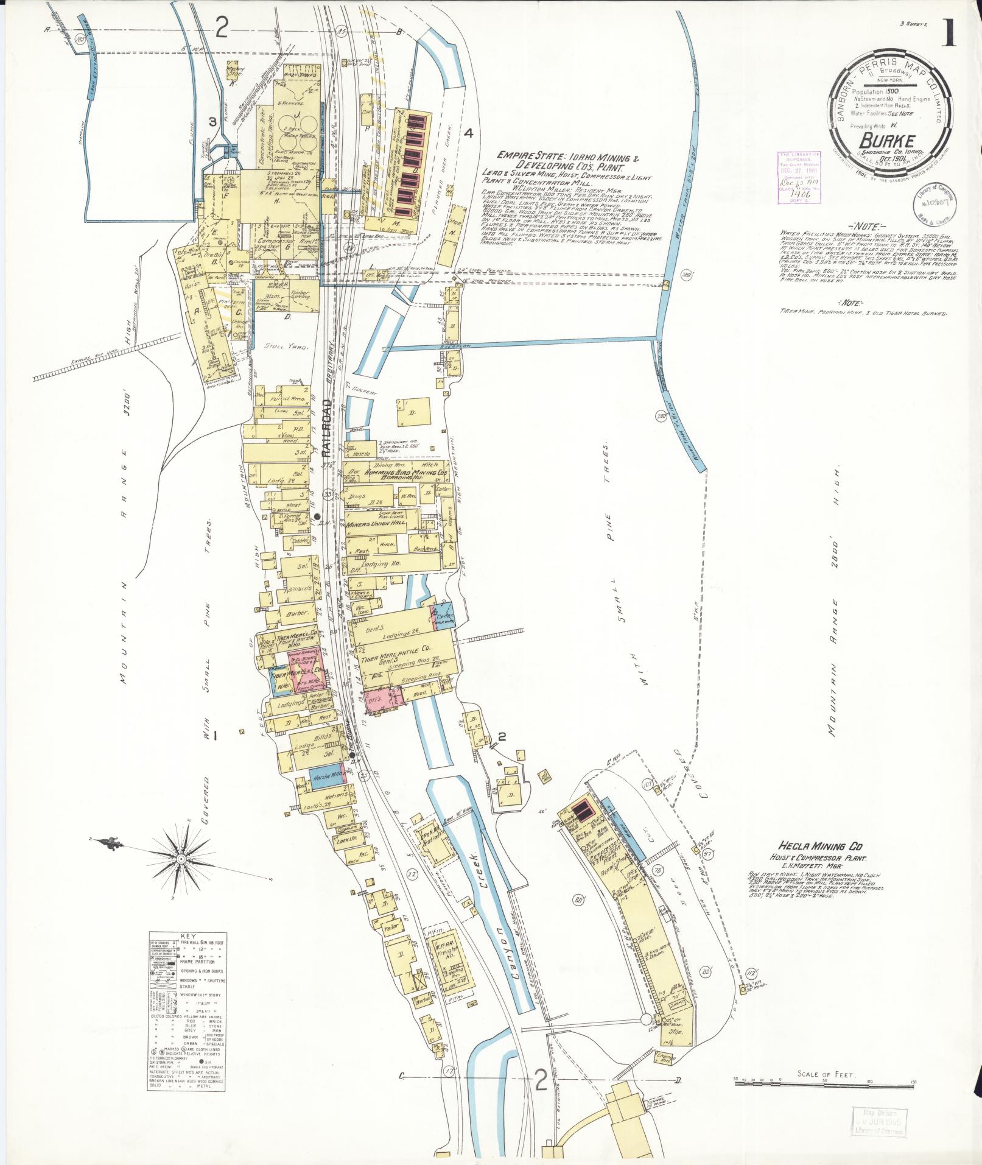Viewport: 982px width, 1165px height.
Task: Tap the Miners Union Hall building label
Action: point(376,524)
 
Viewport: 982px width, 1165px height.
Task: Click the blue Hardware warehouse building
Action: point(322,778)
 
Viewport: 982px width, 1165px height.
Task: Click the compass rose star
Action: point(182,848)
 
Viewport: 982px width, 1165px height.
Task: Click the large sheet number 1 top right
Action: point(949,30)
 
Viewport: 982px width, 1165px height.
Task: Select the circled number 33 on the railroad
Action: point(328,494)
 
